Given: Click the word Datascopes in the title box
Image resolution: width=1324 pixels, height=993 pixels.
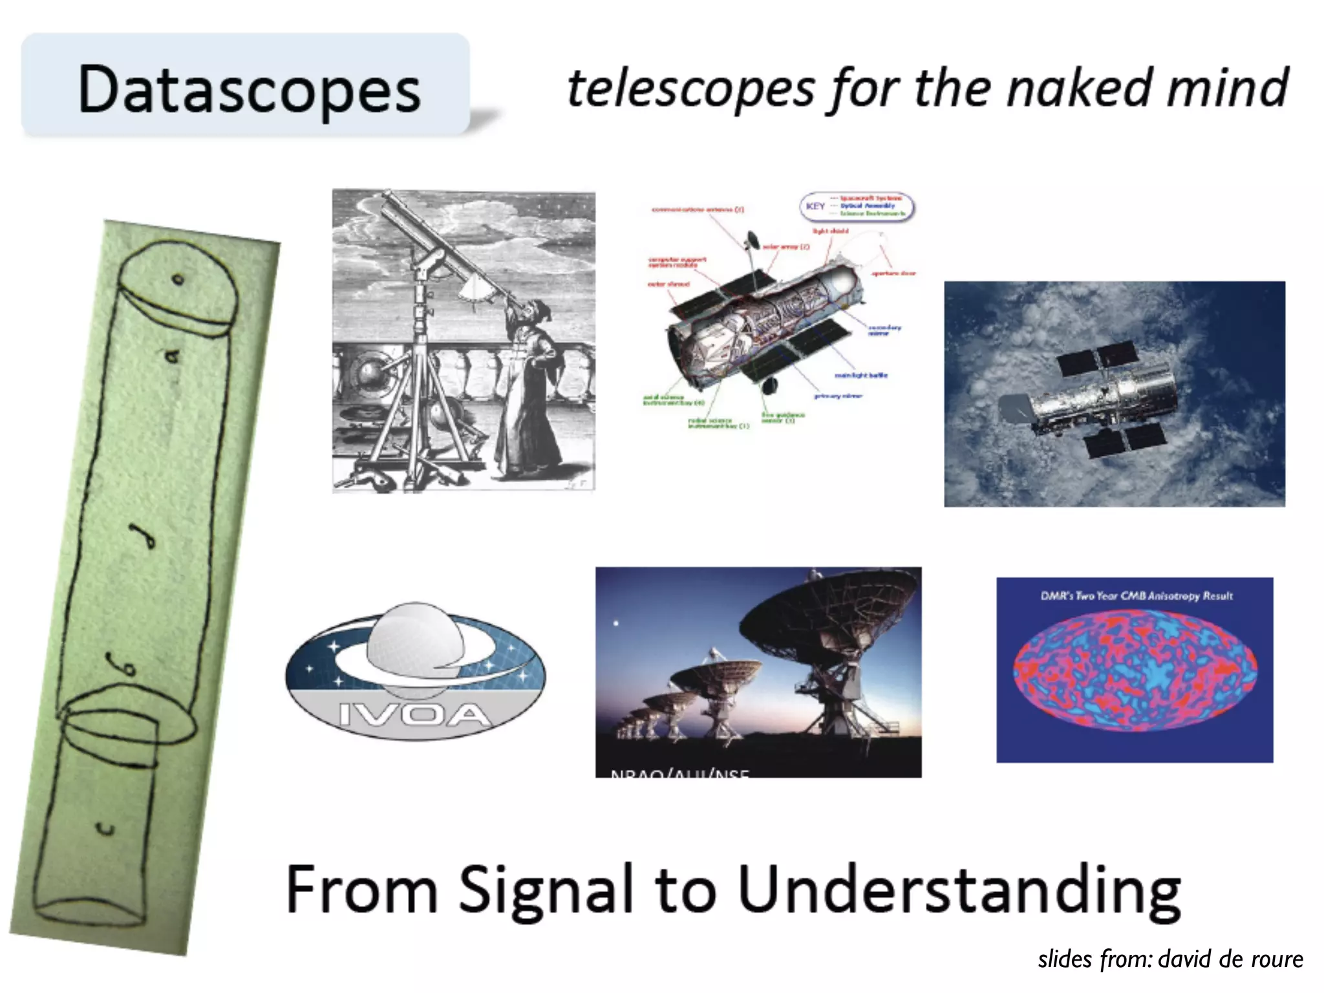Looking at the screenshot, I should point(249,91).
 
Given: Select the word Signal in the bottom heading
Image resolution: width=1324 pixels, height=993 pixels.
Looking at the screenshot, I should point(547,891).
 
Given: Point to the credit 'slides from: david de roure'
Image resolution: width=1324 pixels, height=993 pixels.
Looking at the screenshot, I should point(1170,959).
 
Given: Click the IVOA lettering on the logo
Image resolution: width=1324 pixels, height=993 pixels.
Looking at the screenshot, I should point(414,714).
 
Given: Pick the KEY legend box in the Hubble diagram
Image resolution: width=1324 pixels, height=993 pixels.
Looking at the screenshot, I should point(857,206).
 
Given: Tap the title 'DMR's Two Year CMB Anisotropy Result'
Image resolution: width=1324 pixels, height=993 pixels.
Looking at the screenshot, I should point(1137,595).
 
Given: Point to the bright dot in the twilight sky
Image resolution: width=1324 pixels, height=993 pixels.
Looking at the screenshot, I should point(616,623).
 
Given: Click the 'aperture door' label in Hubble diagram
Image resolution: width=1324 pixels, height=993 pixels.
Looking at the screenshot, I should point(893,273).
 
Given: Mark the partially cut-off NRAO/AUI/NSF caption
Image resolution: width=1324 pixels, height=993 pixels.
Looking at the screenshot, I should point(679,773).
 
